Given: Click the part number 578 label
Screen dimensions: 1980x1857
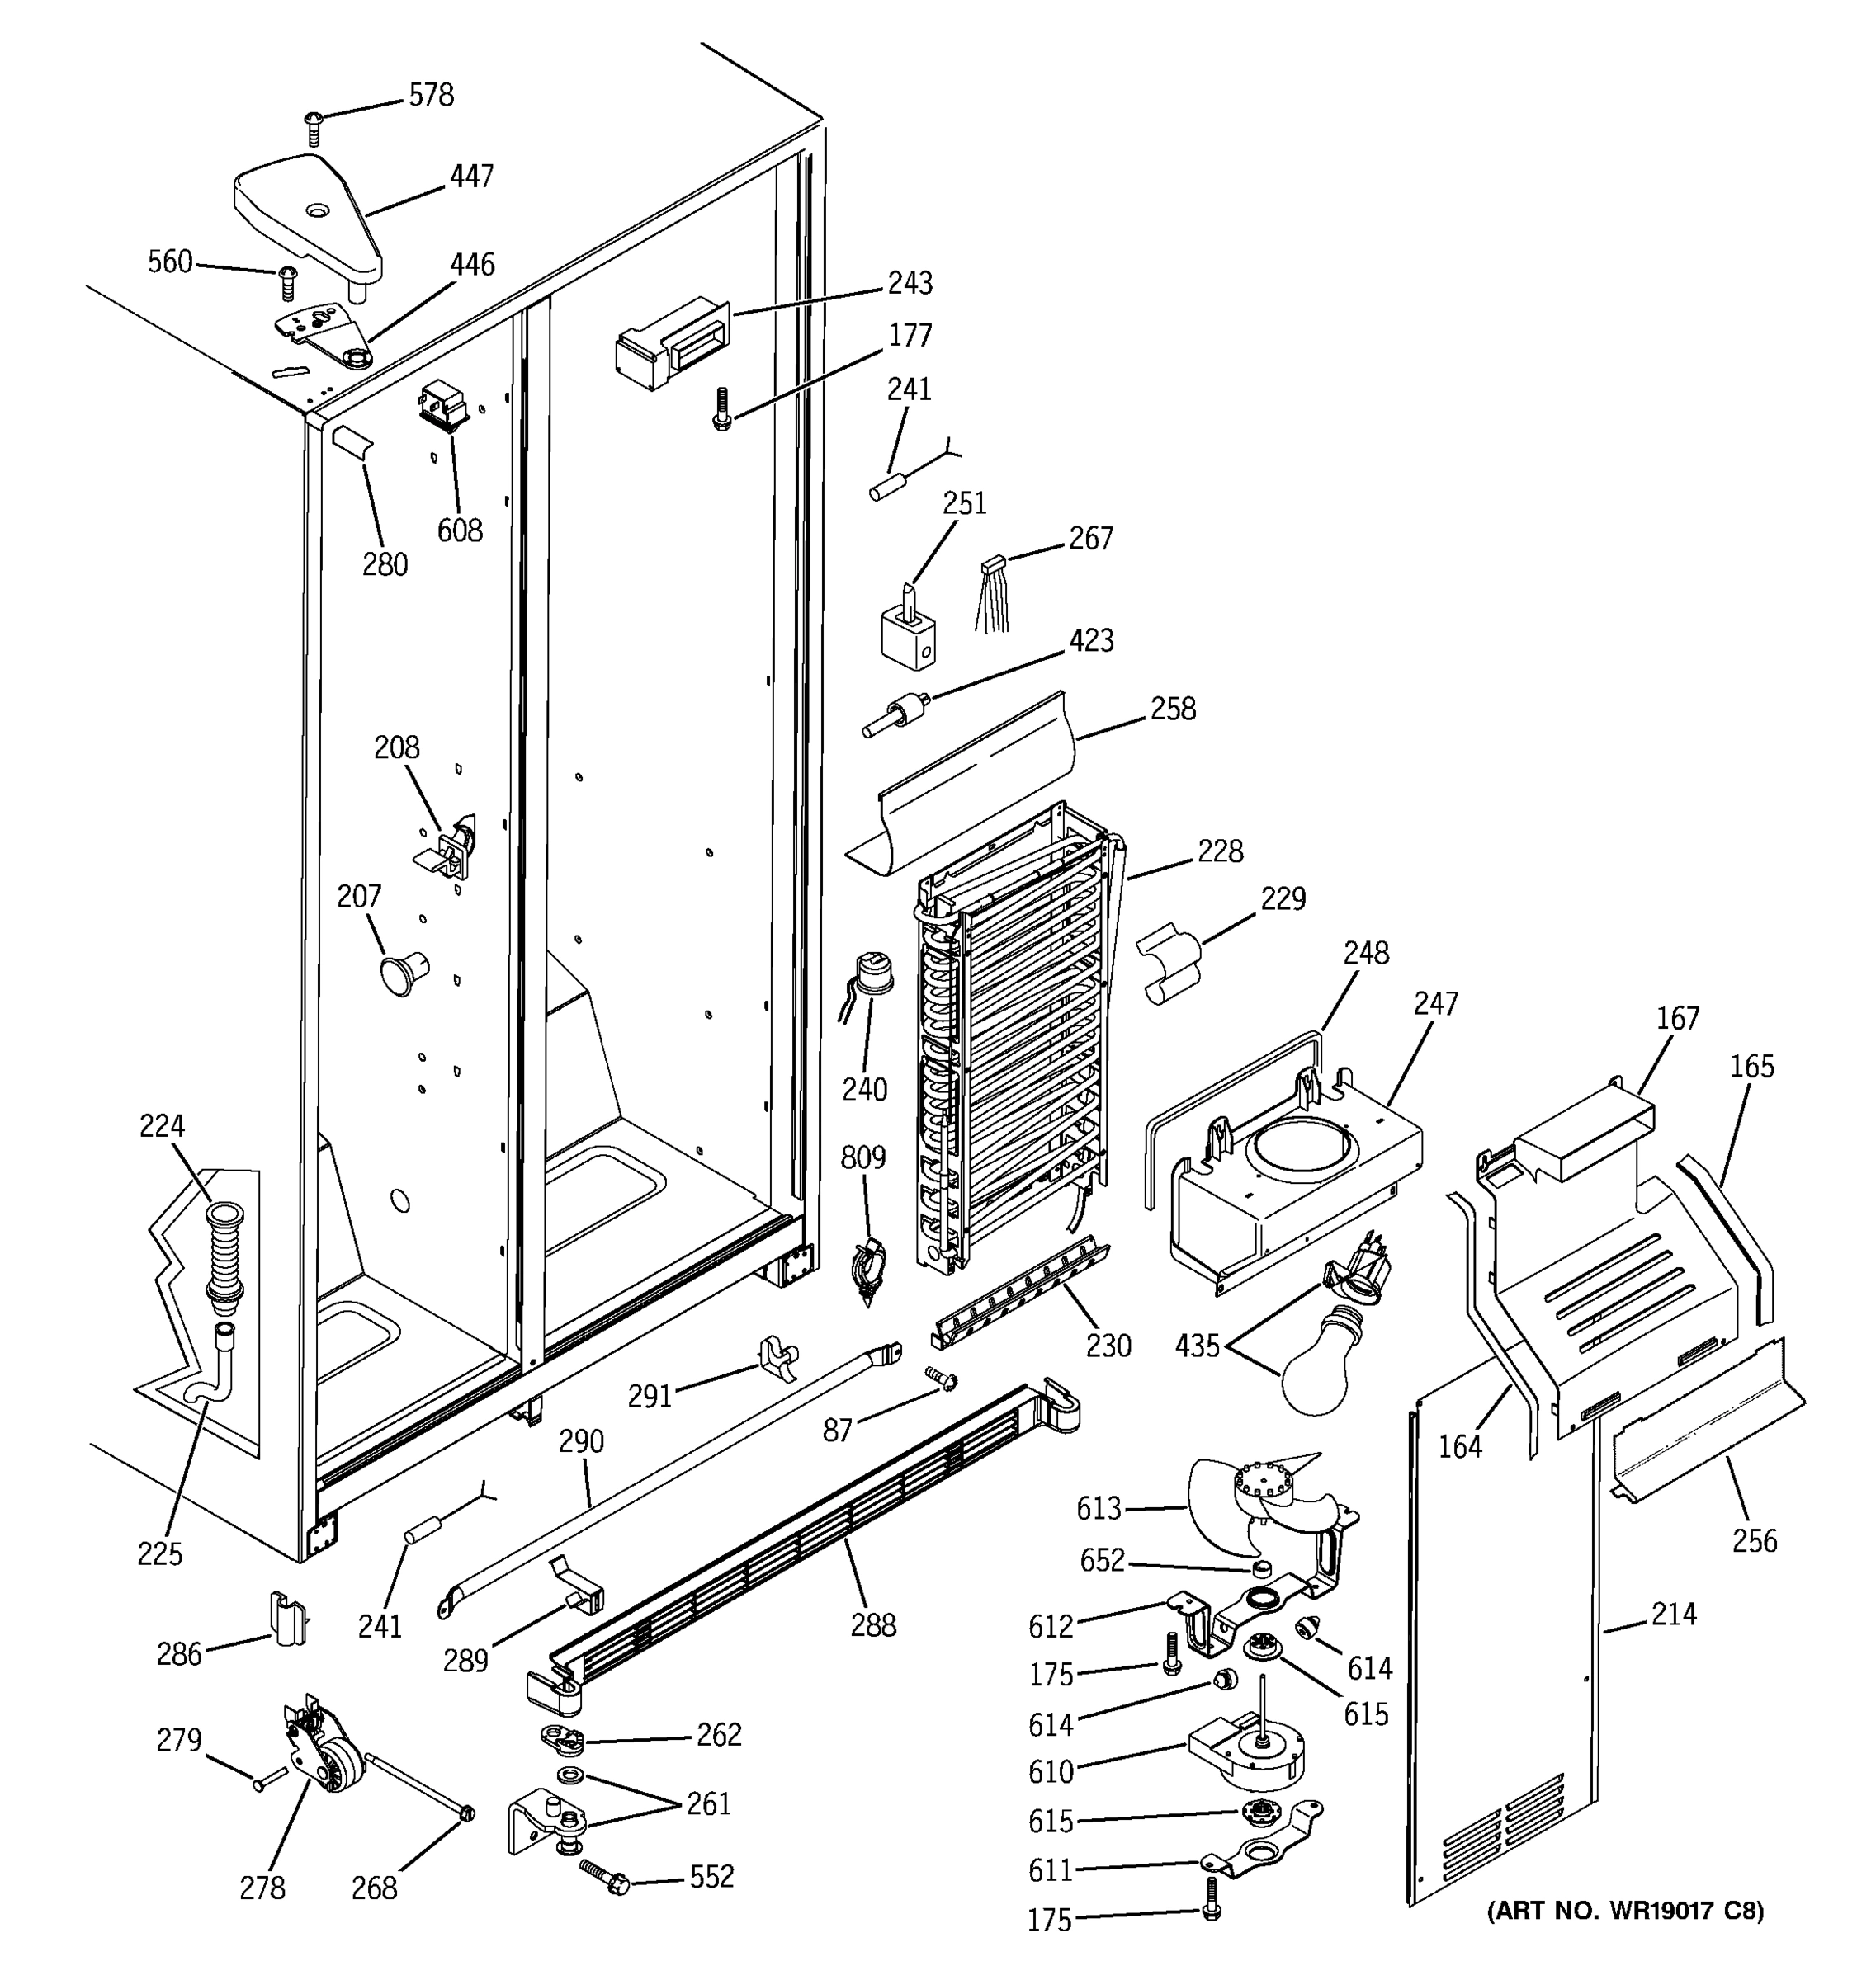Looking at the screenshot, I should tap(432, 95).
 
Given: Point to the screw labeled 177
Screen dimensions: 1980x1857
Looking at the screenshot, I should tap(721, 408).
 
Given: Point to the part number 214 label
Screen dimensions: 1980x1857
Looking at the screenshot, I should tap(1673, 1614).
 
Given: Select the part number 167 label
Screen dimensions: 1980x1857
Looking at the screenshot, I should tap(1678, 1018).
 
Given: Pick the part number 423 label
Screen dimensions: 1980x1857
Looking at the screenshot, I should tap(1091, 640).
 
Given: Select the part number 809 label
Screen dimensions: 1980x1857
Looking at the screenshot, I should tap(862, 1157).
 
